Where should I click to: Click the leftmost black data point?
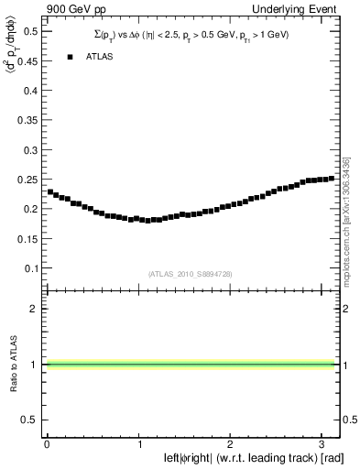(50, 192)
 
